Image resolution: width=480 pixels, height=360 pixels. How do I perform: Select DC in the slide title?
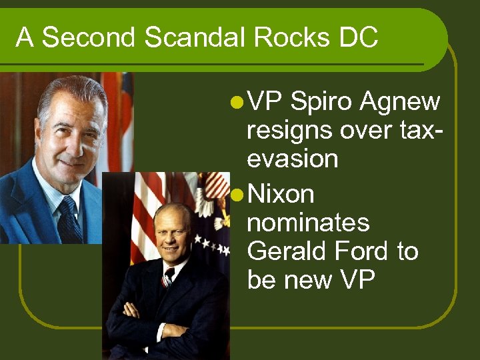(x=358, y=38)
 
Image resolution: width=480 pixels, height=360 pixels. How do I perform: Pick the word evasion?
(x=292, y=159)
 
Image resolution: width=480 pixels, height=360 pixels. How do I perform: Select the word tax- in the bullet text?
(x=419, y=131)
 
